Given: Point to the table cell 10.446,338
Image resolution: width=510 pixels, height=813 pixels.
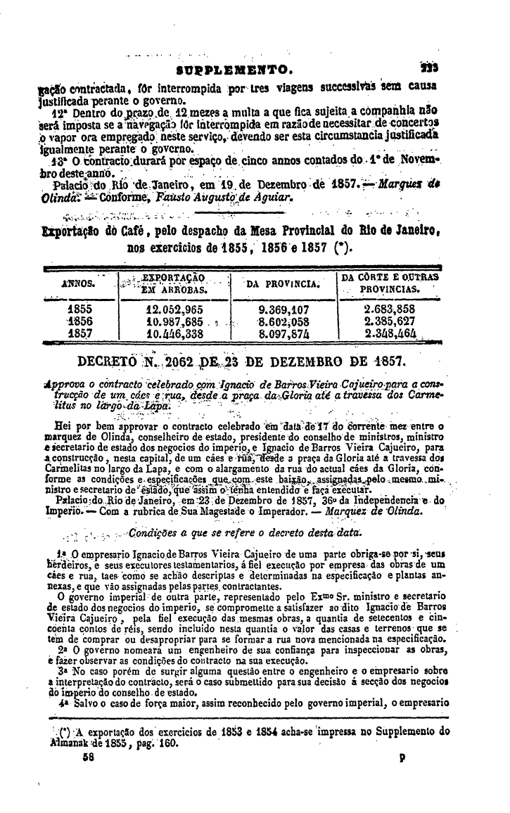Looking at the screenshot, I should [x=174, y=332].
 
